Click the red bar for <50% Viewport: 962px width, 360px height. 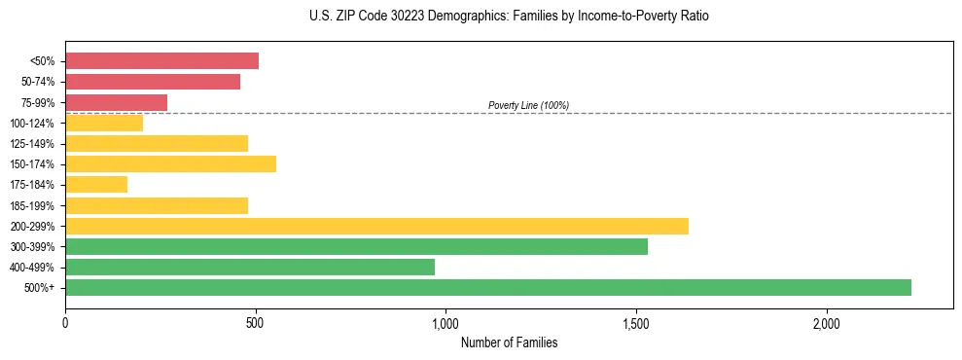click(161, 61)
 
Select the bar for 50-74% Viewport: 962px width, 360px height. click(153, 82)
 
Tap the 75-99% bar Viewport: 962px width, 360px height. click(116, 102)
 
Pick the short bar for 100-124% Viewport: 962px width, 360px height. click(104, 123)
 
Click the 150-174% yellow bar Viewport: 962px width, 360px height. click(170, 163)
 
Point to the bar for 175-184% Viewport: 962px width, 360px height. click(96, 184)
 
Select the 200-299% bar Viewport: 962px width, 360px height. click(376, 226)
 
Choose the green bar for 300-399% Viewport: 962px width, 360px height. click(356, 246)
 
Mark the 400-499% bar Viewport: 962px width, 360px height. click(250, 267)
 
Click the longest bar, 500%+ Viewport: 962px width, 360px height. click(488, 287)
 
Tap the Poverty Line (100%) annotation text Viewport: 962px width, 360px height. click(528, 105)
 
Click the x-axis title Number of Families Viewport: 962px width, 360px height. click(509, 342)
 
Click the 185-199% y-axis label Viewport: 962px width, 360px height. click(32, 205)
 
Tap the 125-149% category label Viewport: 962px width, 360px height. click(32, 144)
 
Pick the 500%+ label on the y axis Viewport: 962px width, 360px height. click(39, 288)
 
